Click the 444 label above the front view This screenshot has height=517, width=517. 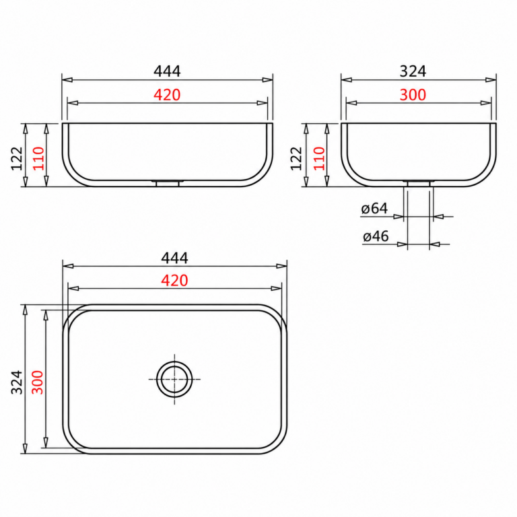pyautogui.click(x=167, y=71)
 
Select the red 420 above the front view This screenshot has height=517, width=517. pyautogui.click(x=167, y=95)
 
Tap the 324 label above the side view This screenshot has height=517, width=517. pyautogui.click(x=413, y=71)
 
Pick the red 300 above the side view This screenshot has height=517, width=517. pyautogui.click(x=413, y=95)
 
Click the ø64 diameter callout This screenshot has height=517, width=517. pyautogui.click(x=374, y=209)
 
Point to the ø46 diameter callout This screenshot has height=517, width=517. pyautogui.click(x=376, y=236)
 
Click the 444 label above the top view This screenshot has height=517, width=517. pyautogui.click(x=174, y=258)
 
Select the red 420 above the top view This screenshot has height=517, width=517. pyautogui.click(x=174, y=281)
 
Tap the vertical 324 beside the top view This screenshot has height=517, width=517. pyautogui.click(x=17, y=382)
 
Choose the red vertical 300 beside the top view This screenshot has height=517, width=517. pyautogui.click(x=37, y=382)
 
